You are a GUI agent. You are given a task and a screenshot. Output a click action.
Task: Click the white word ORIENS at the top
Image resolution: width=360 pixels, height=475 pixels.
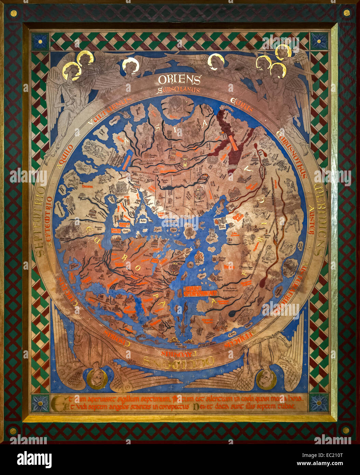(179, 80)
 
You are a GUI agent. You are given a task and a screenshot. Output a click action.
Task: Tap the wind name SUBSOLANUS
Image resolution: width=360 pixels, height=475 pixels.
(179, 91)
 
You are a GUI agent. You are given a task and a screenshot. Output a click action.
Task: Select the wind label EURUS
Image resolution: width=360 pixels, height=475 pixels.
(241, 106)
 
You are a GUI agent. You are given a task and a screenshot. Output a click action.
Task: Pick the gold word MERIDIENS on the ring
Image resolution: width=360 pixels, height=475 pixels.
(319, 219)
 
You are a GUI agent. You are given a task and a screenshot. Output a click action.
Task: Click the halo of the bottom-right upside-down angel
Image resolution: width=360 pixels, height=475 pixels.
(266, 379)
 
